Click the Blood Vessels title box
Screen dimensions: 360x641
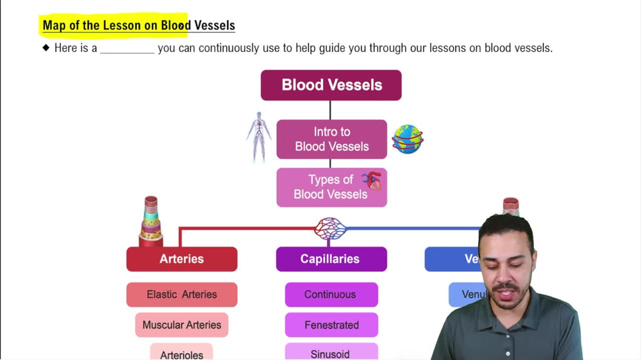click(x=331, y=85)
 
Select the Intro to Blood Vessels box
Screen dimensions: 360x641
click(x=331, y=139)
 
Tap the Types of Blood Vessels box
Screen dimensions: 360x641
click(x=331, y=187)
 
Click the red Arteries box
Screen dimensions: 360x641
click(x=181, y=259)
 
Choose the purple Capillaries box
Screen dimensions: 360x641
click(x=331, y=259)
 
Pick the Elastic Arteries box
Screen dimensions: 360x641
click(x=181, y=295)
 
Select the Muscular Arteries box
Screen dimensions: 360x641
click(x=181, y=325)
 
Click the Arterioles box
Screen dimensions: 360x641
click(x=181, y=354)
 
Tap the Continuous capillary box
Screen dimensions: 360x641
click(x=331, y=295)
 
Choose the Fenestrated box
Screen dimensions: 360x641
click(x=331, y=325)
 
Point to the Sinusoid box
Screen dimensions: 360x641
click(x=331, y=353)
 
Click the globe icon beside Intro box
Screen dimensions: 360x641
click(x=408, y=139)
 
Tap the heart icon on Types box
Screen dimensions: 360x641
click(x=372, y=181)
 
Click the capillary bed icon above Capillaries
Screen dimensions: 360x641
click(x=330, y=228)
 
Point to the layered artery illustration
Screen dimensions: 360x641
click(x=151, y=222)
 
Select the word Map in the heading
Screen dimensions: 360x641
click(x=53, y=26)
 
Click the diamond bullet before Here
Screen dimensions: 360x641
click(x=46, y=48)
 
